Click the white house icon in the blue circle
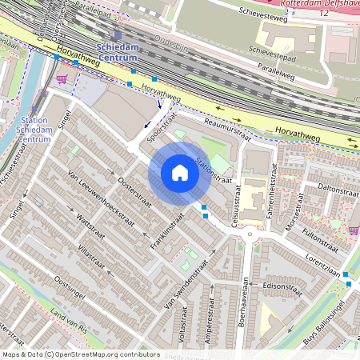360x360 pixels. (180, 173)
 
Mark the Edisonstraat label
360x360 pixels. (274, 286)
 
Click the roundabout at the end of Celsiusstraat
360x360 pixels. (251, 234)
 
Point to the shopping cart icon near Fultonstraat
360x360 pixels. (354, 230)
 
